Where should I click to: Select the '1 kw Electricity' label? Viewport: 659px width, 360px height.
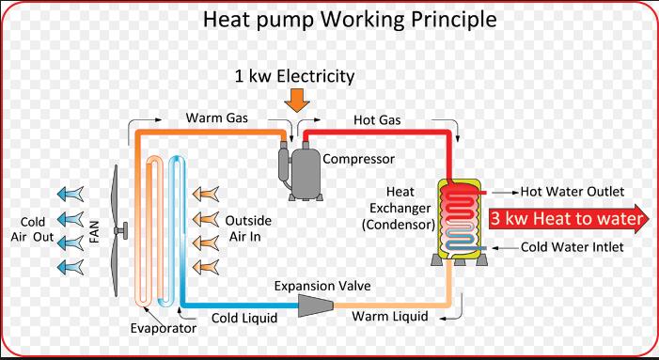point(296,74)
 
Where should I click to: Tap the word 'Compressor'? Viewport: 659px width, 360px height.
point(358,158)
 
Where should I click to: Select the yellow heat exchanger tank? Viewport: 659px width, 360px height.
point(462,219)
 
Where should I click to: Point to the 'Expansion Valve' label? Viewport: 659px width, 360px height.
point(319,285)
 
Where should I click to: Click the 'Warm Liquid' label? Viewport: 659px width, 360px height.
point(390,317)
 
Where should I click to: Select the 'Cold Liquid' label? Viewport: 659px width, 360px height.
point(243,318)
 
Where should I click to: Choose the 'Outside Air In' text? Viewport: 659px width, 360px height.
point(249,227)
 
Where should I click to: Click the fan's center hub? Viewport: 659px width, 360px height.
point(120,230)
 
